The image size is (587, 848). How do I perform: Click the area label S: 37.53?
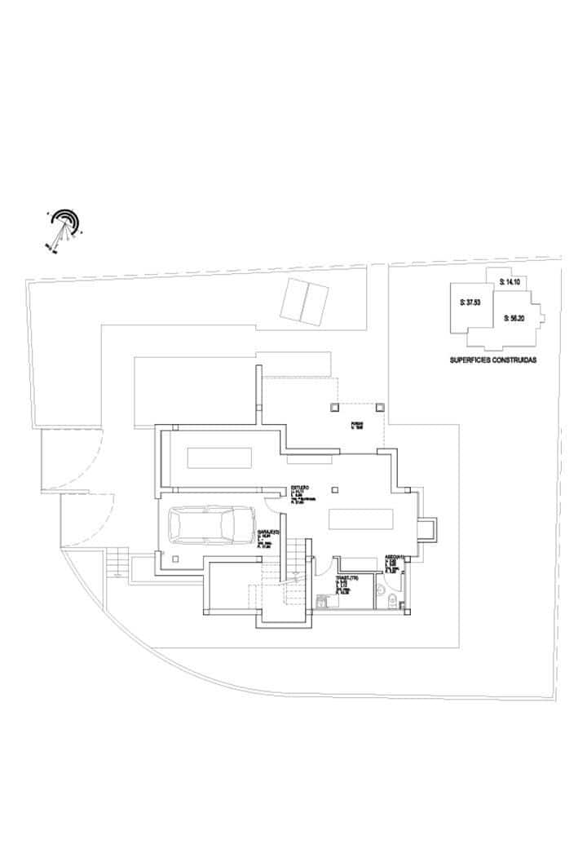point(470,302)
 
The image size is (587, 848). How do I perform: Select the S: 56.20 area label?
point(514,319)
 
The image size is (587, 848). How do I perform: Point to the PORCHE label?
point(356,424)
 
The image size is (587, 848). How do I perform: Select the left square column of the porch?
point(333,406)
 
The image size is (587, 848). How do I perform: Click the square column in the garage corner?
point(176,559)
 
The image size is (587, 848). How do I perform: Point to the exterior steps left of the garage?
point(117,565)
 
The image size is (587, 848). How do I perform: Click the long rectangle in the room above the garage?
point(218,457)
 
